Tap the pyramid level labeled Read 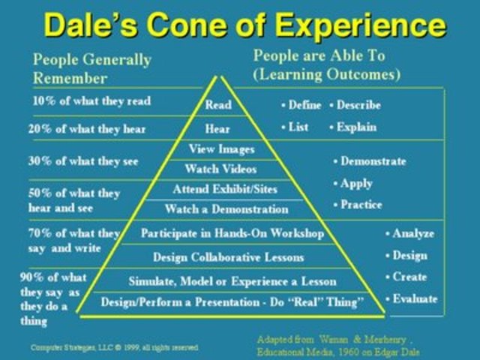point(218,105)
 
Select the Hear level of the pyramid point(217,129)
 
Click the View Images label point(221,149)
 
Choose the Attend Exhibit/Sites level point(223,189)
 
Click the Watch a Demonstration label point(226,209)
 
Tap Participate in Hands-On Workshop point(232,233)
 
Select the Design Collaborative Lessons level point(228,257)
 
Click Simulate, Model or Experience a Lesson point(232,281)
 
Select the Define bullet point(304,105)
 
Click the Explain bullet point(355,127)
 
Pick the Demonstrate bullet point(372,161)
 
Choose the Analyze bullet point(412,233)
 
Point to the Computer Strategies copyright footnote point(115,346)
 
